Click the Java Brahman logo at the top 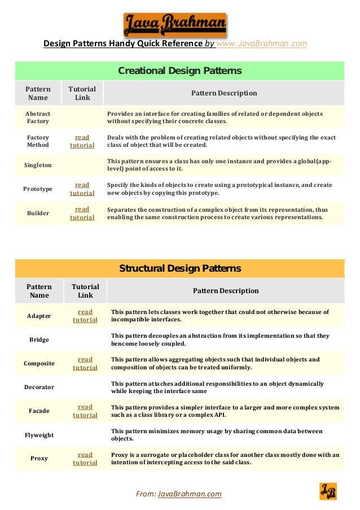175,25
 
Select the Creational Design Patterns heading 179,71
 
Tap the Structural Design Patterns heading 179,268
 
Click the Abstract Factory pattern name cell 38,117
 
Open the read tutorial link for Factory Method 82,141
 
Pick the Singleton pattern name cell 38,165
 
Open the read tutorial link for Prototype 82,189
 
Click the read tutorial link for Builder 82,213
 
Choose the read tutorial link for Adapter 85,316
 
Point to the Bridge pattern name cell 39,339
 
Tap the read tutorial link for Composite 85,363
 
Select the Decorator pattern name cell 39,387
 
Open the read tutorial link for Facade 85,411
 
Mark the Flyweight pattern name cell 39,435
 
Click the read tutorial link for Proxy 85,459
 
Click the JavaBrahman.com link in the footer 190,494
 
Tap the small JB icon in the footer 328,491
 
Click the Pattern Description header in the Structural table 226,291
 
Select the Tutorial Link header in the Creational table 82,93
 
